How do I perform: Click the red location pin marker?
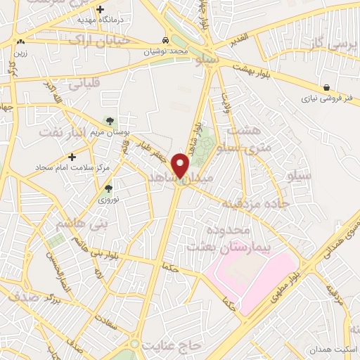coord(181,165)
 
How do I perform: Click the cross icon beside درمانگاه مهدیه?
coord(101,10)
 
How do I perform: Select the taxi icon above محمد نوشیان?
coord(165,41)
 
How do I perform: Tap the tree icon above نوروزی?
coord(108,188)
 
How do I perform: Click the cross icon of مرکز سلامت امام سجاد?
coord(72,157)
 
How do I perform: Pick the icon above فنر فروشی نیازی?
coord(327,89)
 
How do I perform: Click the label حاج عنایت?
coord(172,345)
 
